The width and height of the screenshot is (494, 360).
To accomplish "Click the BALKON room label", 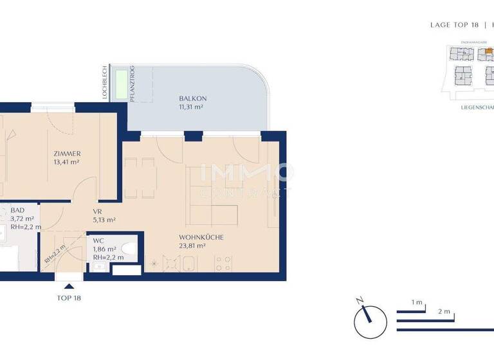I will pos(193,98).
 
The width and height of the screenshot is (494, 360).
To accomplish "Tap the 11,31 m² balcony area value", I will pos(191,107).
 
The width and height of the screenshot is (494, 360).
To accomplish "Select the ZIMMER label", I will pos(67,154).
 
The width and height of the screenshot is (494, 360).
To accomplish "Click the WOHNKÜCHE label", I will pos(201,237).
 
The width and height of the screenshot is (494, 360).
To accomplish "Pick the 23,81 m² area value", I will pos(192,246).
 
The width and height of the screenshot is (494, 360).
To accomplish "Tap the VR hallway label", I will pos(98,211).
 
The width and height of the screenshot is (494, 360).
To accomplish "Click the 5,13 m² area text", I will pos(104,219).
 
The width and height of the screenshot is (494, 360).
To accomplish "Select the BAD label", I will pos(17,210).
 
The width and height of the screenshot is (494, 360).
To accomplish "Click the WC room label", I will pos(98,240).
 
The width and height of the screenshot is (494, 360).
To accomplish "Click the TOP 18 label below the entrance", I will pos(69,298).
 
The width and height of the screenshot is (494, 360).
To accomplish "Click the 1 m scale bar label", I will pos(417,302).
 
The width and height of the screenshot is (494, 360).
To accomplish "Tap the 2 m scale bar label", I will pos(443,311).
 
